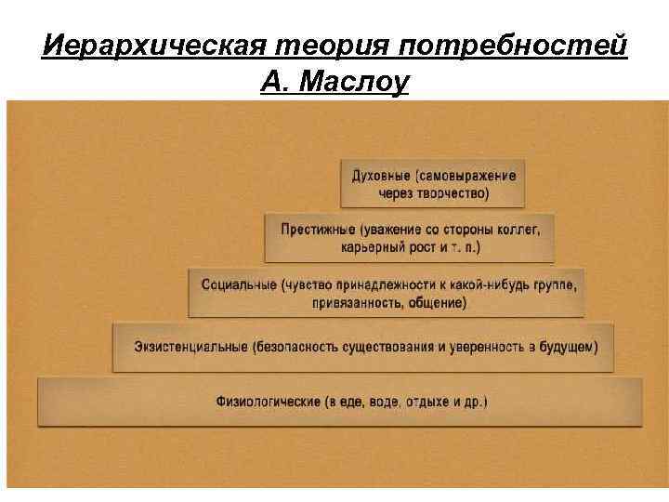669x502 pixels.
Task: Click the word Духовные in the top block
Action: [381, 176]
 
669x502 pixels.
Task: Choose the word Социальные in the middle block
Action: [237, 284]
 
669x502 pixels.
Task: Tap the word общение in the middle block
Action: [440, 302]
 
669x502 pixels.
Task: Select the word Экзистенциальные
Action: [190, 347]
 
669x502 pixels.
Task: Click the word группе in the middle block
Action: [554, 284]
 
